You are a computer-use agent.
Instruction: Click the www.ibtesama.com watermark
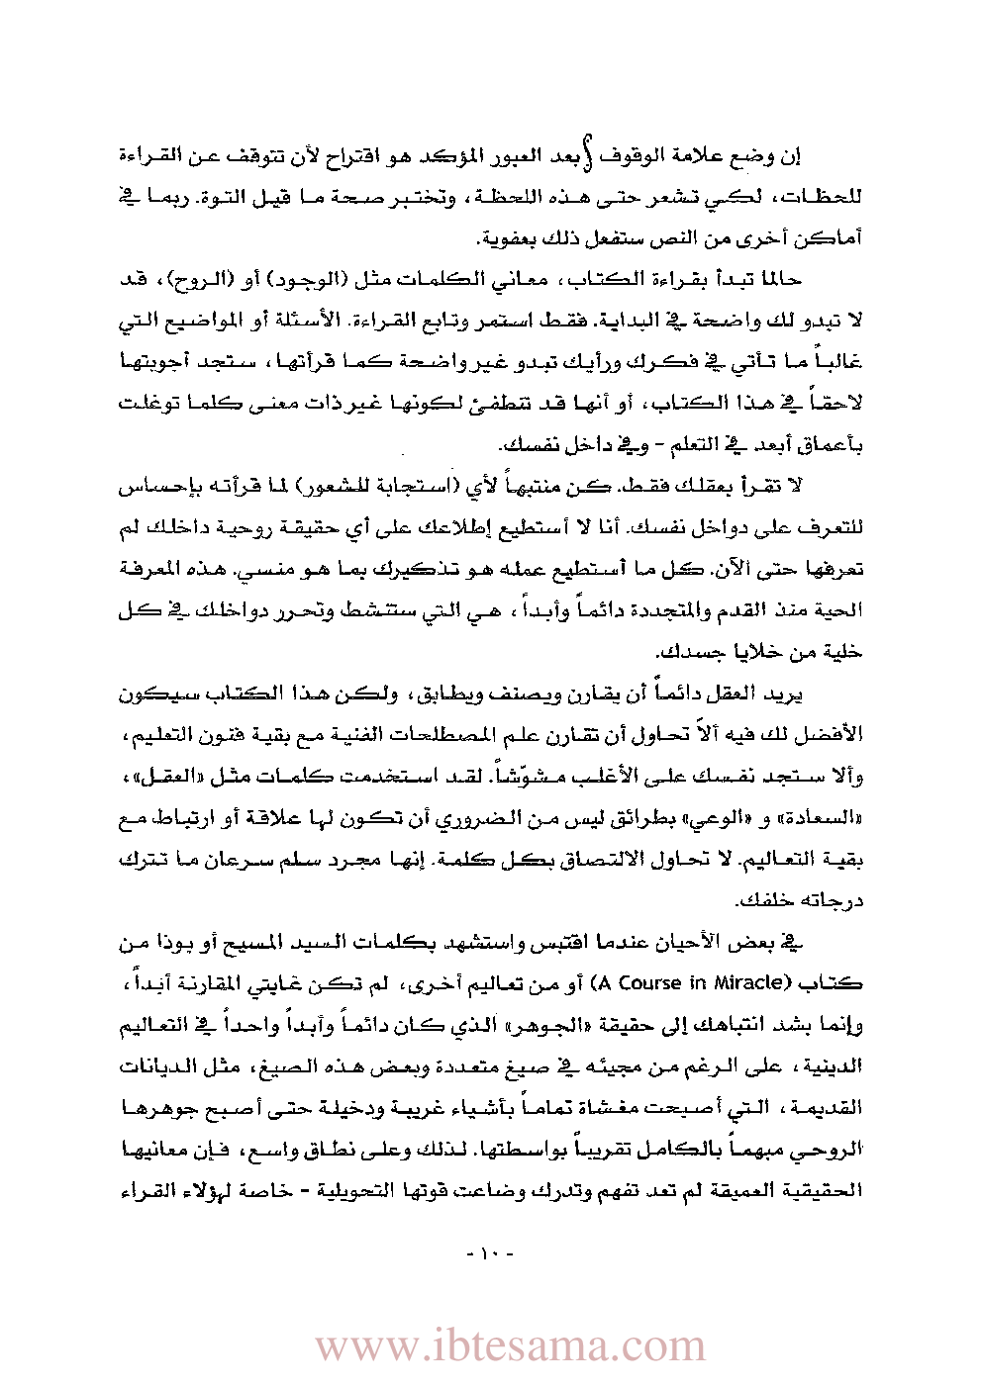(511, 1345)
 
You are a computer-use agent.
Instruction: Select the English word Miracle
(752, 983)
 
